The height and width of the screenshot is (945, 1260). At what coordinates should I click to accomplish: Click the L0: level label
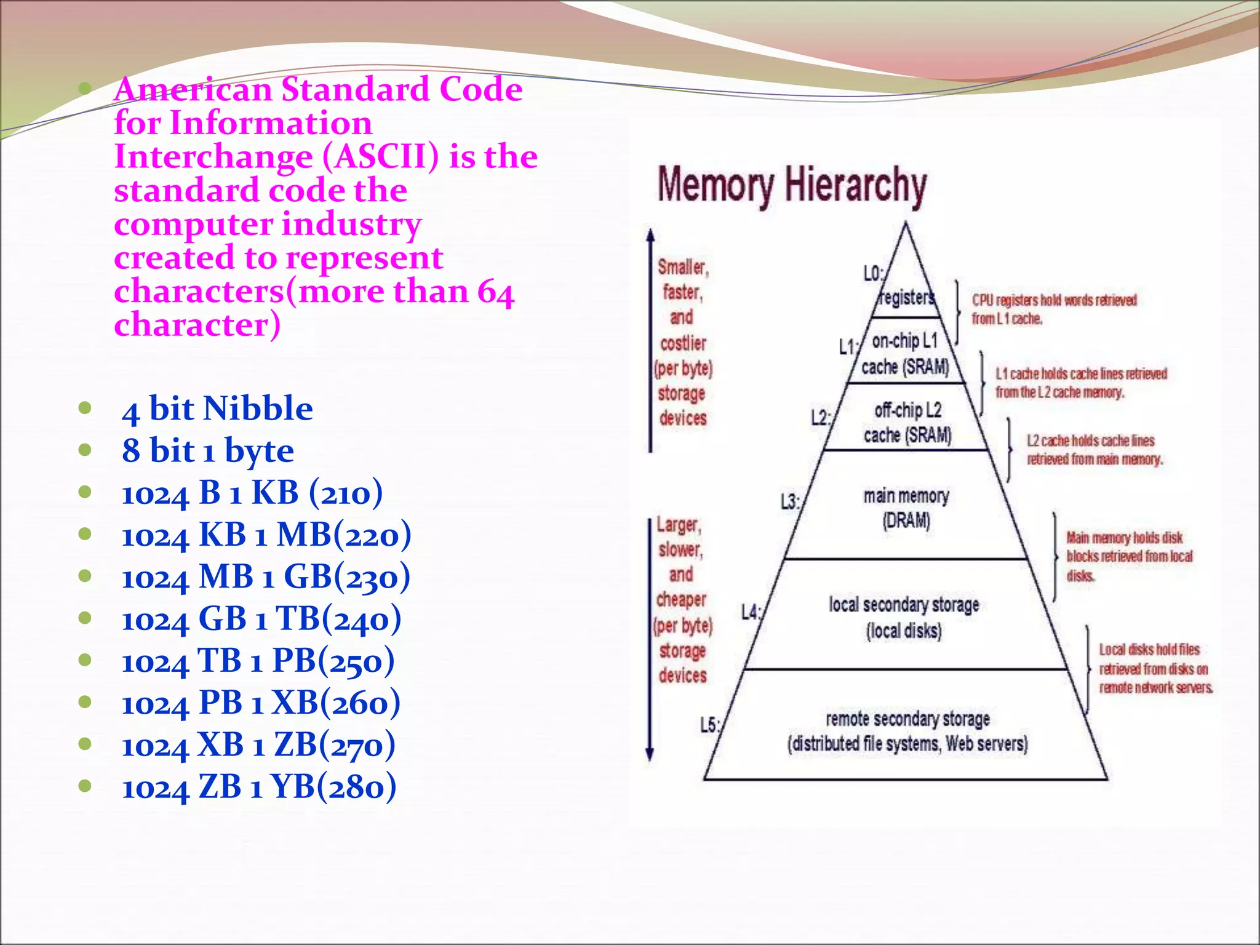873,274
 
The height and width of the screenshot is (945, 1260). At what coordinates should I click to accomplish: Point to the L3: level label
790,502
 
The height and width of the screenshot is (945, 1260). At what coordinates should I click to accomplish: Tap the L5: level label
709,725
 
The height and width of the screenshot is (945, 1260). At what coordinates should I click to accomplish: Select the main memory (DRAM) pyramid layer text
906,508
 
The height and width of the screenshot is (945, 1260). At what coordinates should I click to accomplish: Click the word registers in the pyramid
907,298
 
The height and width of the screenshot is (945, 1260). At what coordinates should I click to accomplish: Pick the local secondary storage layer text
904,617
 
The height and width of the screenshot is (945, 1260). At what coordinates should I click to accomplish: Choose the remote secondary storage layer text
907,731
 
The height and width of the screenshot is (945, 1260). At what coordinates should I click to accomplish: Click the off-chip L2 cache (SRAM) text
907,423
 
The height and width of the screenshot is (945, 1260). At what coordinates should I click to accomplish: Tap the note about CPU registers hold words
1053,309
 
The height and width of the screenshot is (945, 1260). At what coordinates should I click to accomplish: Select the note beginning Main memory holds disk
1128,556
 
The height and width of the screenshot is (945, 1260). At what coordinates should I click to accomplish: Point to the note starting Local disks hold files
1155,668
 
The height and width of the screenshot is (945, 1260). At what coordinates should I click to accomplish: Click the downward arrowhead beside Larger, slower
650,754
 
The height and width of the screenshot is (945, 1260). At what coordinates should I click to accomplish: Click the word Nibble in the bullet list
258,409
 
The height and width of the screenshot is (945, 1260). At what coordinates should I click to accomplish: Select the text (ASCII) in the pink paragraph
381,157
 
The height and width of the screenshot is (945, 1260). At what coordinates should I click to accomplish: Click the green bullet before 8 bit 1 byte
86,450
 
